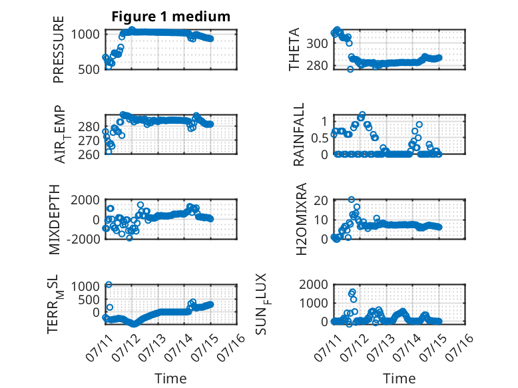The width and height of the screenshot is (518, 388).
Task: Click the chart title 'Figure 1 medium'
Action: click(171, 17)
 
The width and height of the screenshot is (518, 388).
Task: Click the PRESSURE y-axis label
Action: click(58, 49)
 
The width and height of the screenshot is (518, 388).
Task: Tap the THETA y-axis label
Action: click(294, 49)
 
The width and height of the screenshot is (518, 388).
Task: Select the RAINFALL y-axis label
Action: click(299, 134)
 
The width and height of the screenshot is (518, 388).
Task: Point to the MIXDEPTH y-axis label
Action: click(55, 220)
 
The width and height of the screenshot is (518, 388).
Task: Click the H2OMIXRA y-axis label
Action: click(302, 219)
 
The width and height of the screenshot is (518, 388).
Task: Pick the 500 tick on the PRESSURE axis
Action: click(89, 70)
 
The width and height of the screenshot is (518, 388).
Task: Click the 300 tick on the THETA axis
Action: click(317, 43)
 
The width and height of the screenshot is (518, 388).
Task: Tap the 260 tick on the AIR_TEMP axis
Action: click(89, 154)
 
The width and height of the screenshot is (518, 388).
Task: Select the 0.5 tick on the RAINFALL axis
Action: click(320, 138)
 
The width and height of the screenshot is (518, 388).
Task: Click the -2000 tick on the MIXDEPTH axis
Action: click(83, 239)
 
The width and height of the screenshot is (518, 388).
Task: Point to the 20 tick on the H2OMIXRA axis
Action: click(320, 200)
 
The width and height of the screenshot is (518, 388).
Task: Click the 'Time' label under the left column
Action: click(171, 378)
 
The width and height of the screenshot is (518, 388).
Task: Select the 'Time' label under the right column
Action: click(399, 378)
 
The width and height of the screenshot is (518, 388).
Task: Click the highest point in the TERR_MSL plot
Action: click(109, 285)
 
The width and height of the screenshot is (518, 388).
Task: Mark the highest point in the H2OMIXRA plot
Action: click(352, 200)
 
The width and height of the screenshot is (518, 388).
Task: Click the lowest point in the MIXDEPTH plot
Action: click(129, 238)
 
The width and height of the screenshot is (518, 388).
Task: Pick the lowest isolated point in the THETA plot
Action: click(350, 69)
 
